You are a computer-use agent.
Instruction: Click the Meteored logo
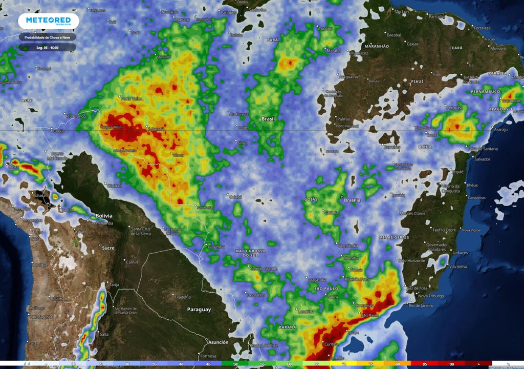coord(49,21)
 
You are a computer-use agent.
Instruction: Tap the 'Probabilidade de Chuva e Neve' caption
coord(48,37)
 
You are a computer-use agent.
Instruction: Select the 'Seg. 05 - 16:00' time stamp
coord(48,47)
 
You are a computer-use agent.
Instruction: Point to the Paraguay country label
coord(199,309)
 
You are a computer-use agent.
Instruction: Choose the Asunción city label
coord(218,342)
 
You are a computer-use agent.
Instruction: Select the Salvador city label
coord(483,159)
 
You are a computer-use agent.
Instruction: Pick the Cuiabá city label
coord(235,196)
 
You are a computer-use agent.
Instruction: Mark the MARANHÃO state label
coord(378,46)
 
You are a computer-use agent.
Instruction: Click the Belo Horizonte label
coord(412,261)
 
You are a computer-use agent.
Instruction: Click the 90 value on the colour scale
coord(452,364)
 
